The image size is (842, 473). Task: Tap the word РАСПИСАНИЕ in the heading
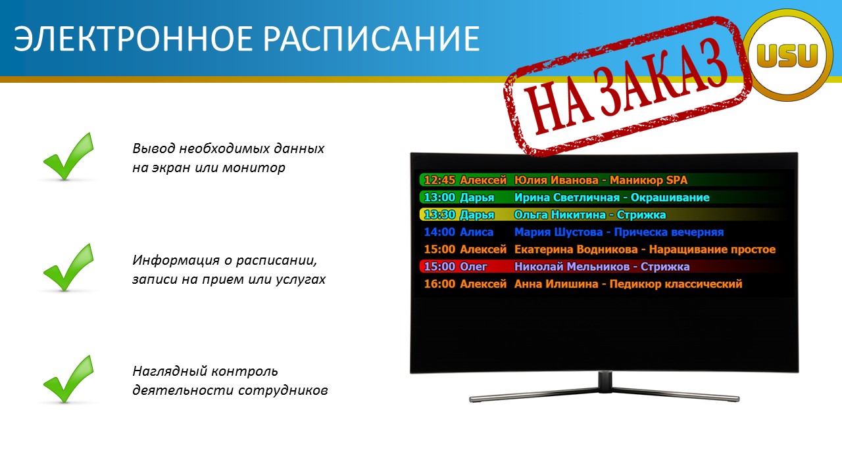tap(372, 39)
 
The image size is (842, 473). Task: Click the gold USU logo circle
tap(788, 55)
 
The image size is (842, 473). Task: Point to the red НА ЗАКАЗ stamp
tap(627, 86)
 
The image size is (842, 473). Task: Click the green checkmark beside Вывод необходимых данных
tap(68, 156)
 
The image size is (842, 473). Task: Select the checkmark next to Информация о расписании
tap(68, 267)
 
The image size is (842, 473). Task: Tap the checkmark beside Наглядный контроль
tap(68, 379)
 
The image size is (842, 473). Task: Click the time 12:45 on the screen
tap(439, 180)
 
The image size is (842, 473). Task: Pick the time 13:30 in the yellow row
tap(439, 215)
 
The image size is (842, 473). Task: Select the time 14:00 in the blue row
tap(439, 232)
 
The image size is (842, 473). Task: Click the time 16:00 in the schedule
tap(439, 284)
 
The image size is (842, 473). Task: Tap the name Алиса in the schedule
tap(477, 232)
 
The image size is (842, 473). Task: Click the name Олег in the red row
tap(474, 267)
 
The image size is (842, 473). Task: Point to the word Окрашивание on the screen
tap(670, 198)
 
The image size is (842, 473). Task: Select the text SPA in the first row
tap(677, 180)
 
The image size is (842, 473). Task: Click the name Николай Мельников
tap(572, 267)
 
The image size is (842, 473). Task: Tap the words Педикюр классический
tap(676, 284)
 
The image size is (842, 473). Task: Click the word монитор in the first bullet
tap(254, 168)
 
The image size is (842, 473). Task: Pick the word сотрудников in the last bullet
tap(283, 390)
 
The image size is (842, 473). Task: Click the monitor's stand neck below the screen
tap(605, 382)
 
